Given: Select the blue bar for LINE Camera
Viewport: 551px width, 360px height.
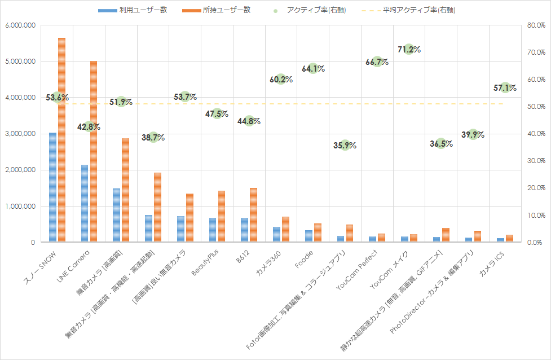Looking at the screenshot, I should [85, 203].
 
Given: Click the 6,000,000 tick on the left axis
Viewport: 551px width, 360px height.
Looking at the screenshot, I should [20, 25].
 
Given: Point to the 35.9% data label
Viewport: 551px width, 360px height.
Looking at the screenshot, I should [345, 145].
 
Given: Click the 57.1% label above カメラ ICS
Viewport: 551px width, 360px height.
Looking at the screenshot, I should [505, 87].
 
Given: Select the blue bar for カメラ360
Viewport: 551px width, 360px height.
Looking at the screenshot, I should [276, 234].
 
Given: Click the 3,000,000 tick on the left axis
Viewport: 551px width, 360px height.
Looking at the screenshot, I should [20, 134].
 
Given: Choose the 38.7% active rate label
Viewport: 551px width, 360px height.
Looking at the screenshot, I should [153, 137].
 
